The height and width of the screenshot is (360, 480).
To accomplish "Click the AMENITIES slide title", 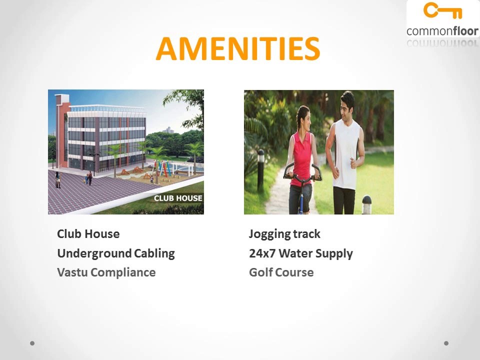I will click(237, 49).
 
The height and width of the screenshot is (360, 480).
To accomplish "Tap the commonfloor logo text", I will click(442, 31).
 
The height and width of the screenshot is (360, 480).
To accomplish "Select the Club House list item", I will click(88, 234).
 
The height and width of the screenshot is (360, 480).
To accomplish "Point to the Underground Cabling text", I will click(116, 253).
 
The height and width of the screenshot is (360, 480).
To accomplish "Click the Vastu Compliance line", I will click(106, 272).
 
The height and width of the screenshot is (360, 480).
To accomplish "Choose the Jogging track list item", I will click(284, 234).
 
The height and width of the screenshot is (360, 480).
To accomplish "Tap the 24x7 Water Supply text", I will click(300, 253).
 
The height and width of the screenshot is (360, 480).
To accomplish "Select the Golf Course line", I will click(281, 272).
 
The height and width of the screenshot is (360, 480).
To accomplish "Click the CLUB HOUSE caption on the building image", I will click(178, 198).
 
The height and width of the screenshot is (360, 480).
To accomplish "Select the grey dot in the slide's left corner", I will click(32, 343).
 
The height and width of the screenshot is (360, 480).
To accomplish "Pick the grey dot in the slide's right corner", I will click(446, 343).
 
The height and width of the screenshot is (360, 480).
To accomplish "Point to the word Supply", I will click(336, 253).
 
